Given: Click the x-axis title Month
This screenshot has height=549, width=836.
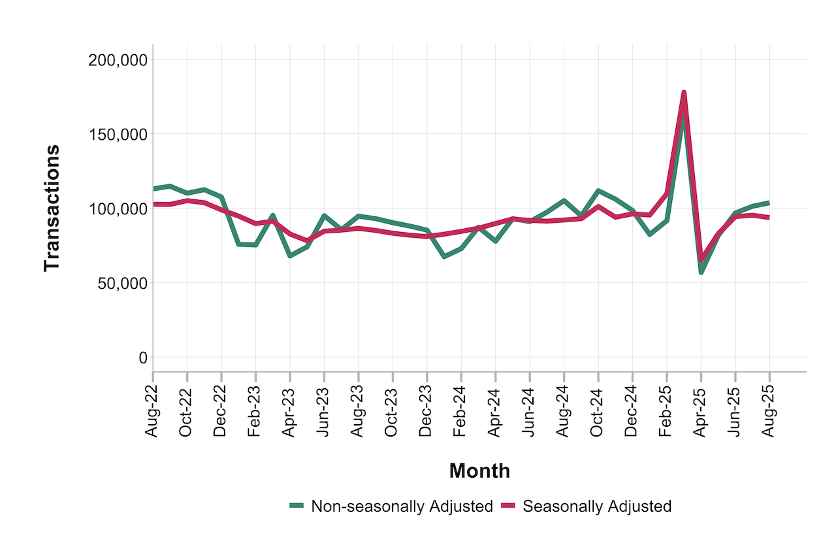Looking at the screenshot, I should [479, 471].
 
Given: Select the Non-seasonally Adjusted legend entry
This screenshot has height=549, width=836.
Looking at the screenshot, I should [401, 506].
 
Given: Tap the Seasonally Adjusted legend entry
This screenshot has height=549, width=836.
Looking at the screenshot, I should [597, 506].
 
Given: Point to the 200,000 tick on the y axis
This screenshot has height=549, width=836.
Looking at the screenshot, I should [117, 60].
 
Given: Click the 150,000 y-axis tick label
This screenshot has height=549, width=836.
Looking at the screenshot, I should [117, 135].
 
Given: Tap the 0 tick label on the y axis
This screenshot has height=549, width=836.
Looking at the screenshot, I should [141, 358].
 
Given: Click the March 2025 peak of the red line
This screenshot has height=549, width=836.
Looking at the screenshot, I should [684, 93].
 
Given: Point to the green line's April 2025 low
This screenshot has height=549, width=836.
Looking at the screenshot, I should [701, 272].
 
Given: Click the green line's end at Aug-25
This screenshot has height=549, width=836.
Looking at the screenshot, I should [769, 203].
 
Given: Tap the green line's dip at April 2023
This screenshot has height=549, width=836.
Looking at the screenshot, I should [290, 256].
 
